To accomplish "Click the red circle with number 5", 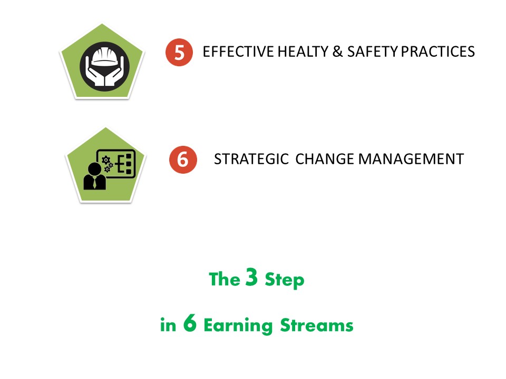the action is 179,53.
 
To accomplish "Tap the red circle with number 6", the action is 183,159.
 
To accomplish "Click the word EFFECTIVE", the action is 238,52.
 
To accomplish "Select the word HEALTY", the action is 303,52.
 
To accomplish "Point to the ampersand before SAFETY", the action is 337,52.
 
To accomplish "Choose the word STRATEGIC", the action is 251,159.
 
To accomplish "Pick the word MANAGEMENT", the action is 411,159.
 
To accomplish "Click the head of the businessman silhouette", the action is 94,169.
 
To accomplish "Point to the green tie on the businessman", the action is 94,183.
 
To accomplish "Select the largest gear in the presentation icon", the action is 106,160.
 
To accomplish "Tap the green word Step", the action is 284,280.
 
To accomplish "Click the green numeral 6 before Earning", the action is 190,323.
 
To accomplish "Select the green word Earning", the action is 238,326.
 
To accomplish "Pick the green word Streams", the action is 317,325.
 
